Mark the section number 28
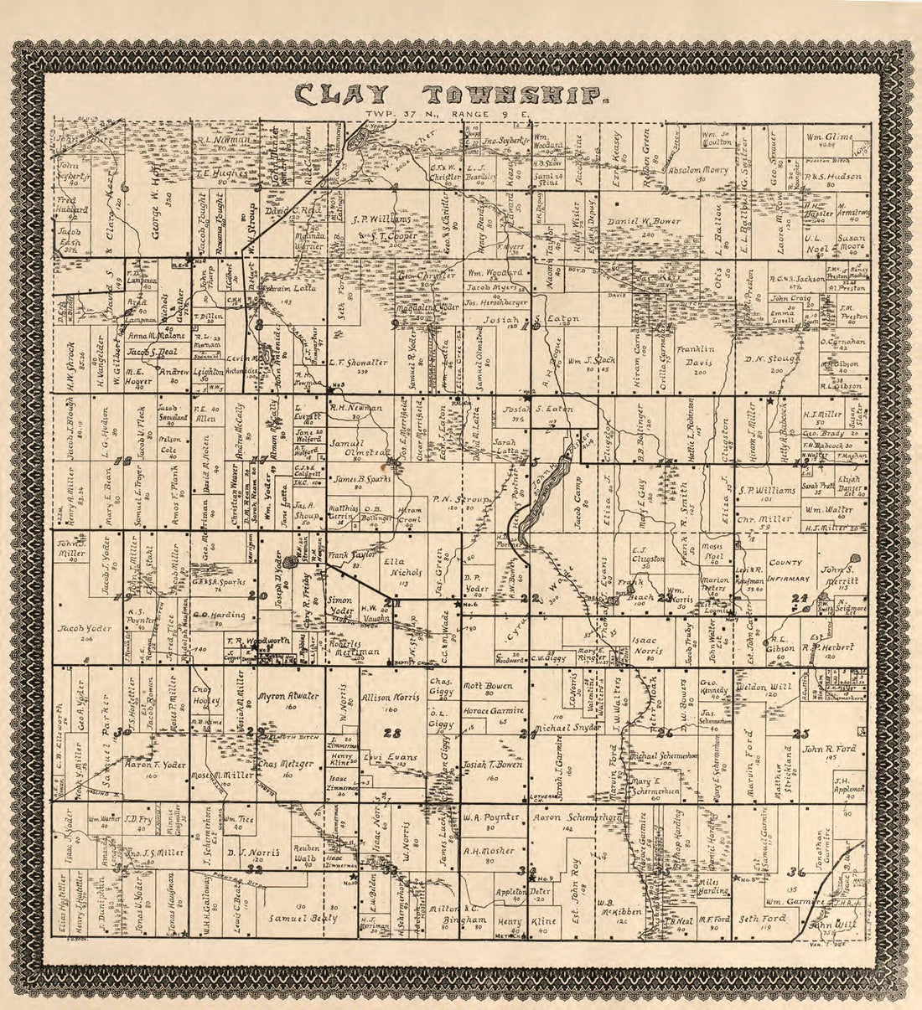[x=391, y=734]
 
